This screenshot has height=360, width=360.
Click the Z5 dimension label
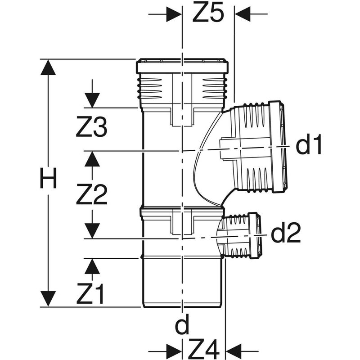pos(208,14)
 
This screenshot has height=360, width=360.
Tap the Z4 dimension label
pos(203,347)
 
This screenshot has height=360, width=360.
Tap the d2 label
pos(286,234)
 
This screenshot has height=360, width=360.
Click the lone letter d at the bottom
pos(182,326)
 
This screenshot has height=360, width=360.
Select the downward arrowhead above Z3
pos(92,100)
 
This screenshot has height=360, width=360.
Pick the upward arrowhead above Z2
pos(92,158)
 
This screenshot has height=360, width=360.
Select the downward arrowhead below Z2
pos(92,230)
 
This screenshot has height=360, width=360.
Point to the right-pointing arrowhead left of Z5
pos(174,14)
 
